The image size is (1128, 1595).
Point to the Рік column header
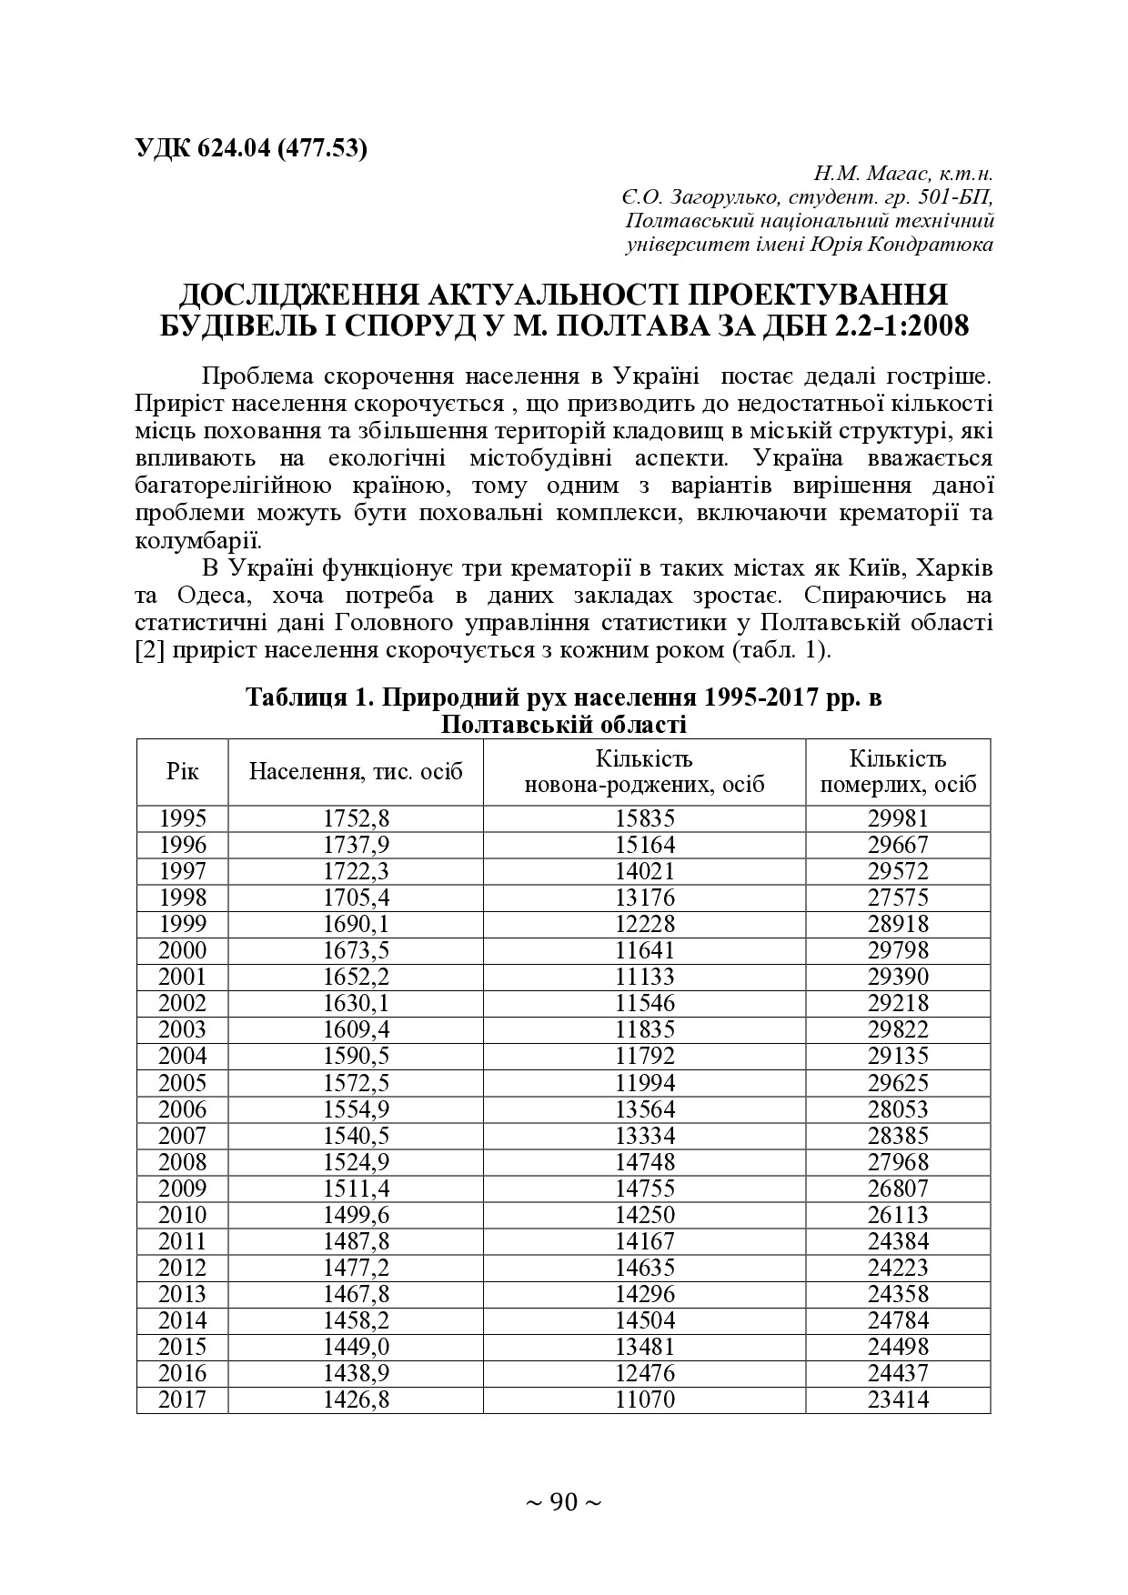[x=182, y=771]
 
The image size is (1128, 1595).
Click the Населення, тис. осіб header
[x=356, y=771]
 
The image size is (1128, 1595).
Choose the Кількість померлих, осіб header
[x=897, y=771]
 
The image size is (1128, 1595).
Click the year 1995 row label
[x=182, y=818]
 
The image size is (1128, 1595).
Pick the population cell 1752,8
[x=356, y=818]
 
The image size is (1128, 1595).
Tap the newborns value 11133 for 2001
[x=644, y=977]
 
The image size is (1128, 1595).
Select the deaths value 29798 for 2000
[x=897, y=950]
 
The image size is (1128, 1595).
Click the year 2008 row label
[x=182, y=1162]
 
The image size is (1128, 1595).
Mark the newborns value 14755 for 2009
[x=644, y=1189]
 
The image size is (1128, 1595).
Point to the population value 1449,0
[x=356, y=1347]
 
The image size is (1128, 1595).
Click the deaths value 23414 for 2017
[x=897, y=1399]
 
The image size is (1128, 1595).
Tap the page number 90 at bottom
[x=564, y=1503]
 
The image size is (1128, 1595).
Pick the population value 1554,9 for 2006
[x=356, y=1109]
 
